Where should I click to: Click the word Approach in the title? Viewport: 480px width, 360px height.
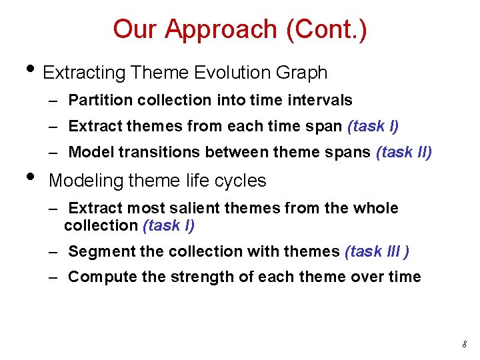coord(220,29)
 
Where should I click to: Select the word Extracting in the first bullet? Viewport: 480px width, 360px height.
coord(85,73)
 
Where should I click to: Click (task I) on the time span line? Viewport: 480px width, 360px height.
coord(372,126)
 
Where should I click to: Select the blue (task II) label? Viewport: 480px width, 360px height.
coord(404,152)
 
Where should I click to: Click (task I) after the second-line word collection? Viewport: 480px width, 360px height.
coord(169,226)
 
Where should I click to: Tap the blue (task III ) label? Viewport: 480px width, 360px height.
coord(377,251)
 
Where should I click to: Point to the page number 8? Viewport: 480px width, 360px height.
coord(464,344)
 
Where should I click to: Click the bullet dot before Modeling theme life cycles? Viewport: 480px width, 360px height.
coord(27,177)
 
